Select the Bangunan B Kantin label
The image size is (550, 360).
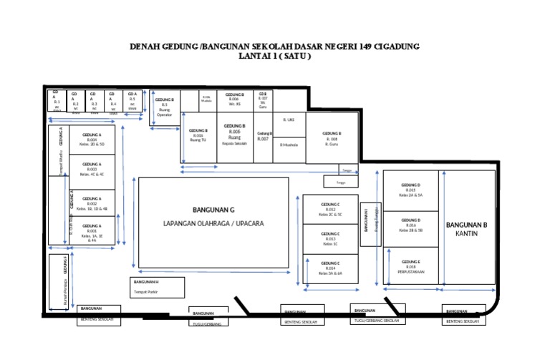(x=466, y=229)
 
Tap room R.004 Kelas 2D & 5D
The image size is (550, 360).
(x=92, y=140)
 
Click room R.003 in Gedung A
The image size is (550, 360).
(x=92, y=170)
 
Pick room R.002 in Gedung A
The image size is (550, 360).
(x=92, y=205)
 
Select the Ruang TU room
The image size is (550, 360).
(x=199, y=136)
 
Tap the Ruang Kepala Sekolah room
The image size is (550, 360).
(x=234, y=135)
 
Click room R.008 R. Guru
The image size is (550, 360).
(x=332, y=138)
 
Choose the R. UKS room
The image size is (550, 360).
(x=290, y=120)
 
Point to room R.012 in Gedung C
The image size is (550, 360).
(x=331, y=209)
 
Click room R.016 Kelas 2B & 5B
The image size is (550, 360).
(x=411, y=225)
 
